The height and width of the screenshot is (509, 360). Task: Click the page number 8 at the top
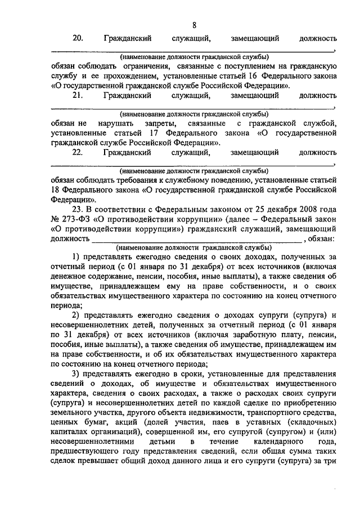click(x=194, y=25)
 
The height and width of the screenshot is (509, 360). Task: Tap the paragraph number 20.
click(x=78, y=38)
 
